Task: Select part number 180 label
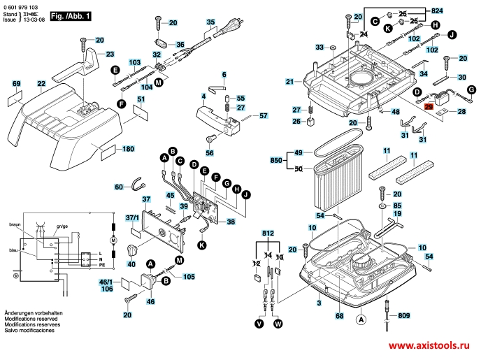tap(128, 149)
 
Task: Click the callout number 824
tap(457, 12)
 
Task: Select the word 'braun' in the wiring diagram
tap(15, 226)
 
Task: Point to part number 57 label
tap(264, 115)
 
